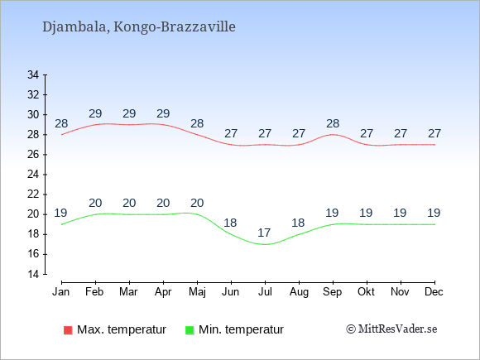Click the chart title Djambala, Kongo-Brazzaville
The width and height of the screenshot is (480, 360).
point(139,27)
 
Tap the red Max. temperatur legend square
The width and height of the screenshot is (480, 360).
point(68,330)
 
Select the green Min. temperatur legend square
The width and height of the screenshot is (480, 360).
point(190,330)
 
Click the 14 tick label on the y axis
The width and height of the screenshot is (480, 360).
point(33,274)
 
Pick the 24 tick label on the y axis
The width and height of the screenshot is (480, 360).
point(33,175)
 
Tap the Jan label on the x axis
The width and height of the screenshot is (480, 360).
point(61,292)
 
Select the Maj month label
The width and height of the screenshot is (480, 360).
point(197,292)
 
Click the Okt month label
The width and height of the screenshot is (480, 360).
point(366,292)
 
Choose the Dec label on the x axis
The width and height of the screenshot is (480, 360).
point(434,292)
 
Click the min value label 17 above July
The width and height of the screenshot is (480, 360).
point(264,233)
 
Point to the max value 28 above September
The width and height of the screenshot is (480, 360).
point(333,123)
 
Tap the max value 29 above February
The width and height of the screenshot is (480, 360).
point(95,113)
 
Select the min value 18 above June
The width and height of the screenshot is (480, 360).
point(230,223)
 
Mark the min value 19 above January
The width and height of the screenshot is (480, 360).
point(60,213)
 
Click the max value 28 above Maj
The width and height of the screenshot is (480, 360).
point(197,123)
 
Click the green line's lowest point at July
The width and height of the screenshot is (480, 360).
point(265,244)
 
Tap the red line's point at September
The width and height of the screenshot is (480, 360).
point(333,135)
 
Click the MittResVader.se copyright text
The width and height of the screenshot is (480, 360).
point(391,329)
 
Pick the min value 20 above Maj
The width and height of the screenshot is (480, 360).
point(197,203)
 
